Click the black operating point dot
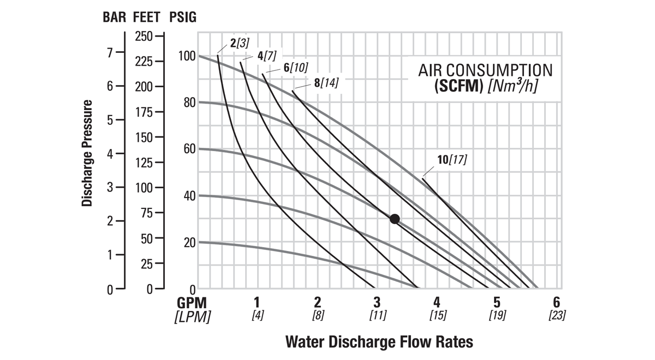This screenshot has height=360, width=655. (x=395, y=219)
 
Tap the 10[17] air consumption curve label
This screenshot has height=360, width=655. (x=452, y=160)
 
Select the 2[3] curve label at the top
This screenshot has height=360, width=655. (x=240, y=42)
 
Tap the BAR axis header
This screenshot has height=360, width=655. (x=116, y=17)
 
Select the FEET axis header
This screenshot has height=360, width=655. (x=146, y=17)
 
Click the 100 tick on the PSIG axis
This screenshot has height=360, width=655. (x=187, y=56)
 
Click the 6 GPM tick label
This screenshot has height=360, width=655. (x=556, y=302)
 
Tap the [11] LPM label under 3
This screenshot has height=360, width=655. (x=378, y=315)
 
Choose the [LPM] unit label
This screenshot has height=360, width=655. (x=192, y=316)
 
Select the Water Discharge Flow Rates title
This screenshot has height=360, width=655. (x=379, y=343)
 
